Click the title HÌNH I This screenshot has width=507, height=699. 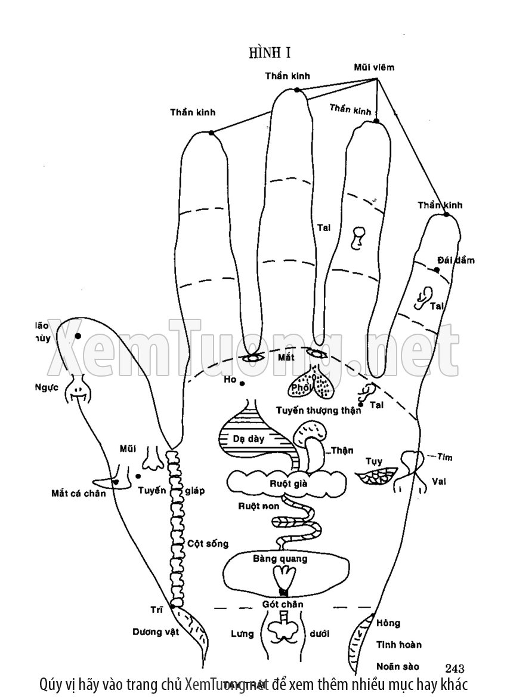point(270,53)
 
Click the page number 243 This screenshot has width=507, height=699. point(455,668)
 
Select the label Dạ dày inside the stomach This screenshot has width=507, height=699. point(249,438)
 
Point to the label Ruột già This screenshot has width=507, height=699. point(288,484)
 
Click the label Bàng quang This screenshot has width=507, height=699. point(280,559)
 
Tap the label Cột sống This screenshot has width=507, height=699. point(208,544)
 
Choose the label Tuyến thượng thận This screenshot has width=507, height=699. point(319,410)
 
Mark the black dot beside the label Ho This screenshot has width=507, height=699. point(242,383)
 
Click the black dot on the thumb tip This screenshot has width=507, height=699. point(78,337)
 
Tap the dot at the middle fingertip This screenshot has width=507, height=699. point(296,90)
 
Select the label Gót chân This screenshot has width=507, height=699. point(283,604)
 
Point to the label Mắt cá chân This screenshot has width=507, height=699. point(78,493)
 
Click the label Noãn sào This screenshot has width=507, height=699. point(398,666)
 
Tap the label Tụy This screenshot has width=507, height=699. point(373,461)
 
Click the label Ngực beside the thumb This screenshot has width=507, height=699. point(46,387)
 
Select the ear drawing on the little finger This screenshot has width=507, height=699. point(423,297)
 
